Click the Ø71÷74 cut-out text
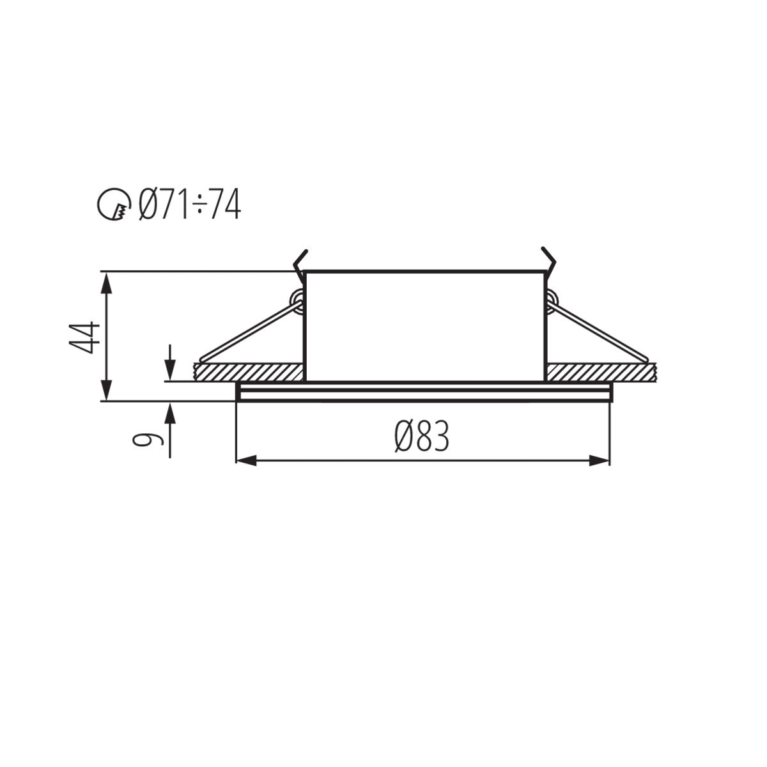pyautogui.click(x=190, y=205)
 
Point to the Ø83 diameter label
pyautogui.click(x=422, y=437)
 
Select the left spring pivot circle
pyautogui.click(x=297, y=299)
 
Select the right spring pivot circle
pyautogui.click(x=552, y=299)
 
